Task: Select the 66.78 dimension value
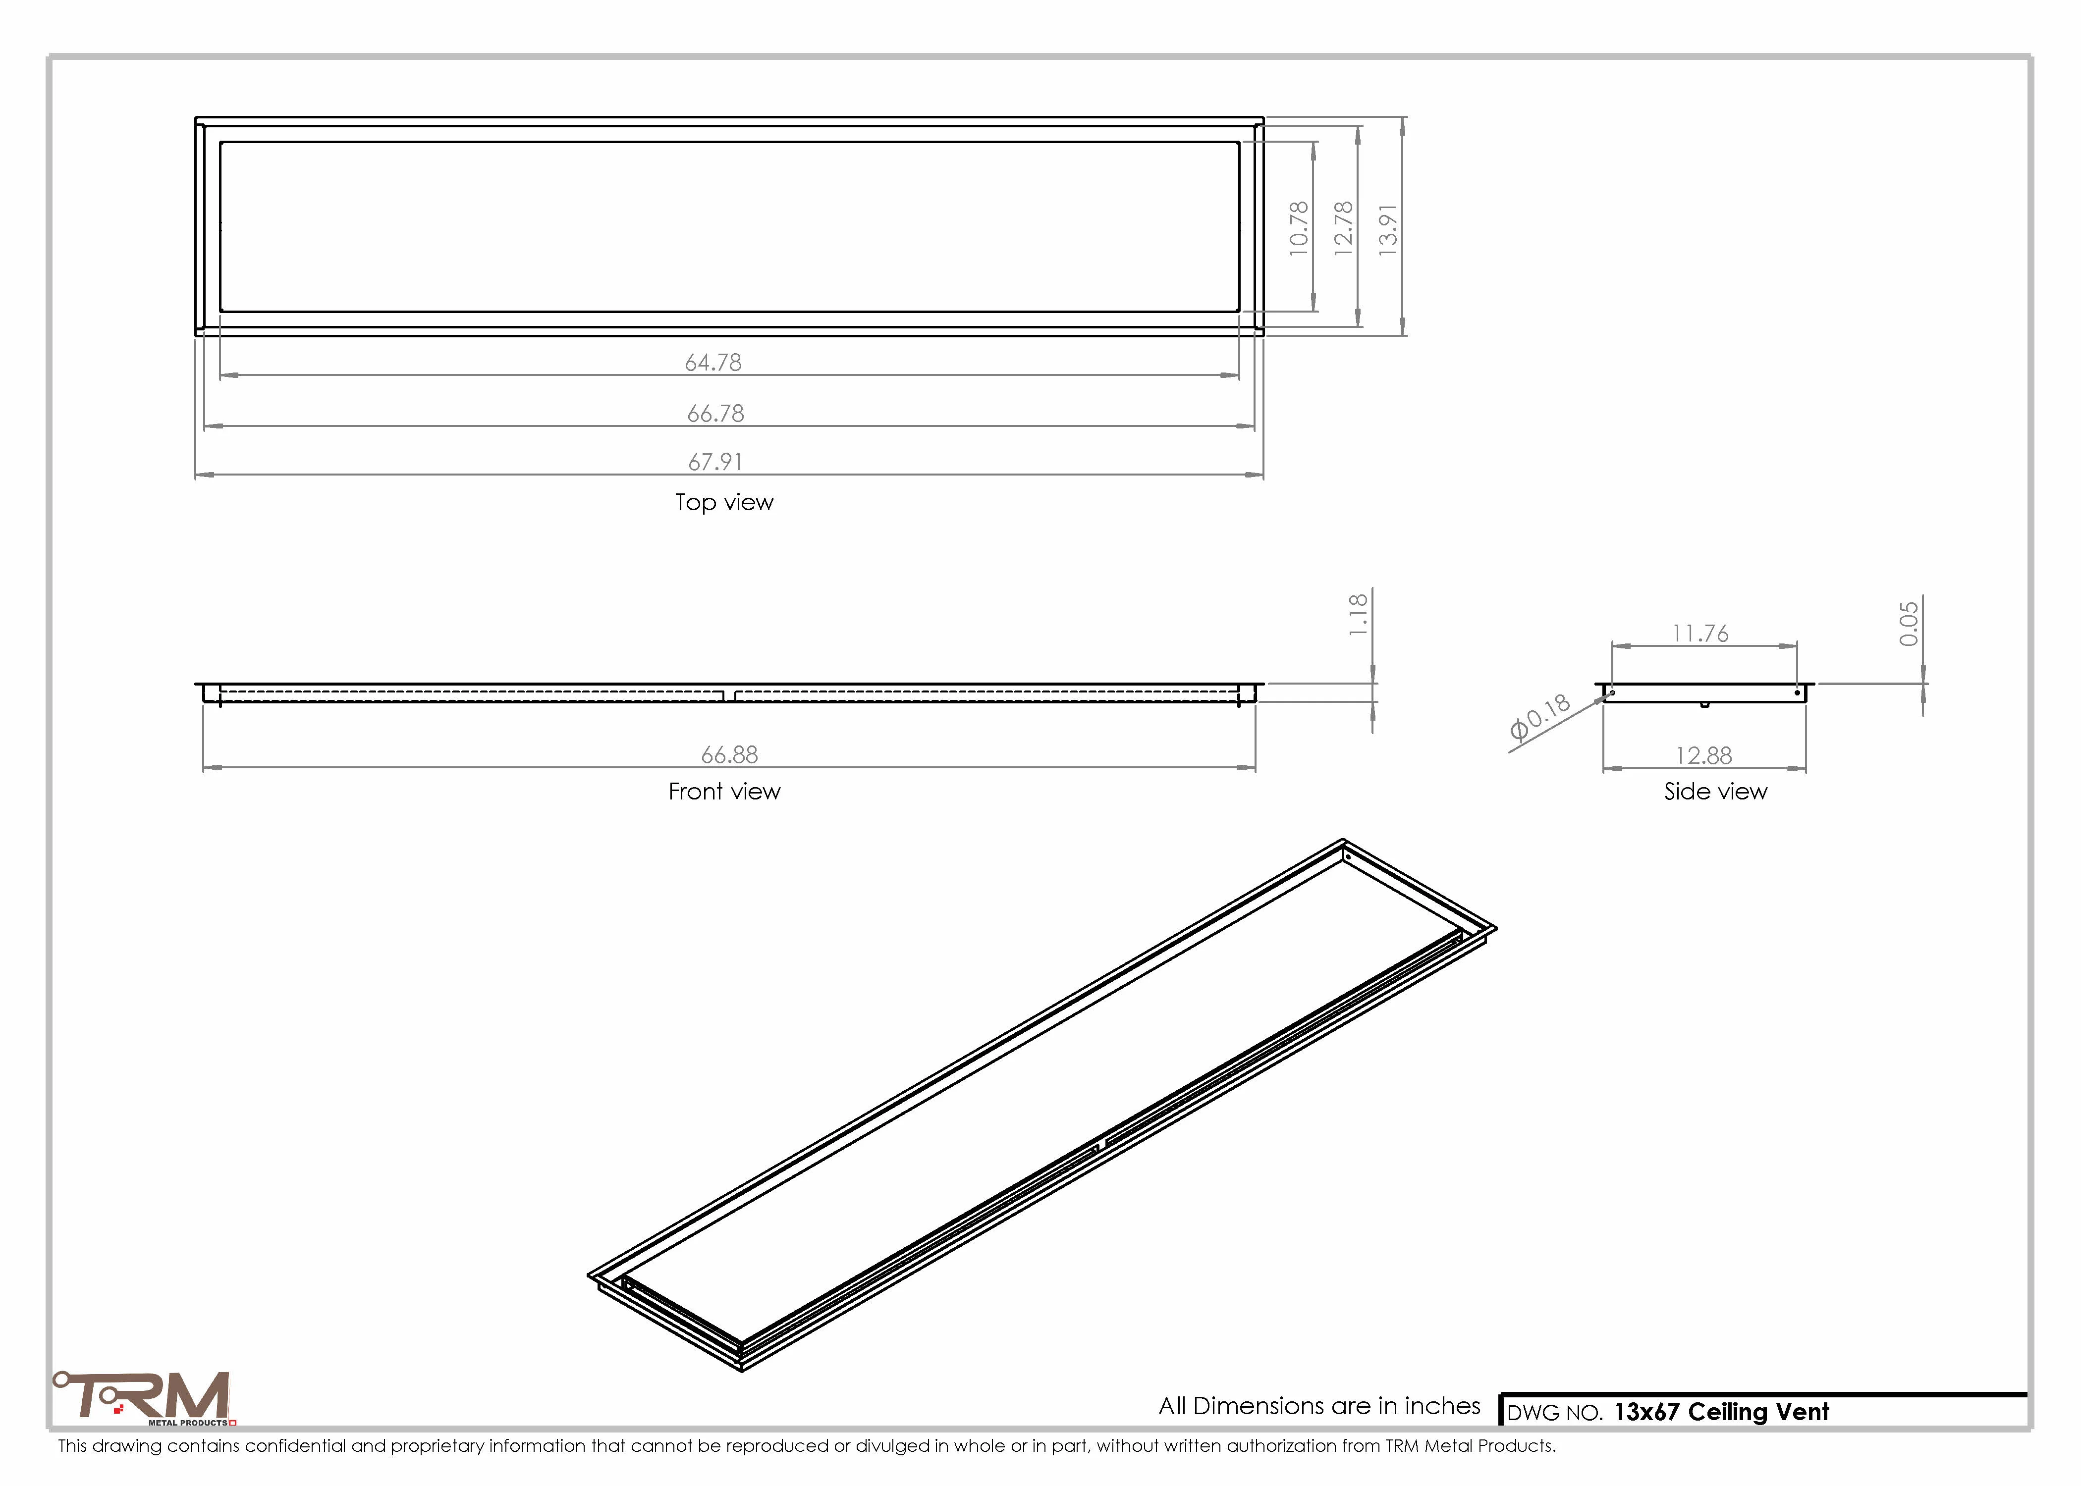715,414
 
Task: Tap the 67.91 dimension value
715,462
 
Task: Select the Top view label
724,502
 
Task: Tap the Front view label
724,792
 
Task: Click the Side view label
1715,792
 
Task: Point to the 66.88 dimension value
729,755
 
